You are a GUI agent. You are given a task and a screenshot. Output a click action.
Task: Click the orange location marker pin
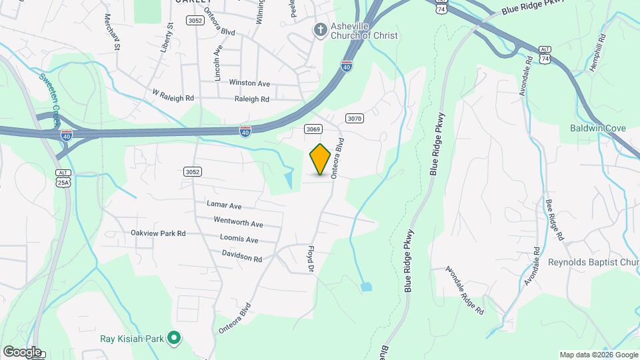point(321,159)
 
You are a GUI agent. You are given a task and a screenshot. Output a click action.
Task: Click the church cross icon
point(320,29)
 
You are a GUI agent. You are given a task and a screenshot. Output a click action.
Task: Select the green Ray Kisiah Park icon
point(174,338)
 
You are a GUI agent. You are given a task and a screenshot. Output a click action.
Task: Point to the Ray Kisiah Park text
point(131,338)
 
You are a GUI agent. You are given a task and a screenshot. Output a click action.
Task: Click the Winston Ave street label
point(249,83)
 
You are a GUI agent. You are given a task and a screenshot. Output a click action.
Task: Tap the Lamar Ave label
point(224,206)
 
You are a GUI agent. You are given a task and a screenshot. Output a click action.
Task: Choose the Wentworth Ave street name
point(238,222)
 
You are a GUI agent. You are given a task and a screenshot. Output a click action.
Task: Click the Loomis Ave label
point(239,239)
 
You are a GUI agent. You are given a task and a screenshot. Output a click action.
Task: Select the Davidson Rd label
point(242,255)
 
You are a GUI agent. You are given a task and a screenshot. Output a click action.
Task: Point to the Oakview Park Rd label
point(158,233)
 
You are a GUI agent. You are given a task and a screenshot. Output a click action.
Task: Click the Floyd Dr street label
point(310,260)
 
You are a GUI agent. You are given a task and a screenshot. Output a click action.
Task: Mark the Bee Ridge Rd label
point(555,219)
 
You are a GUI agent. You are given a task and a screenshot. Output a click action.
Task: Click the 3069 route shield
point(313,129)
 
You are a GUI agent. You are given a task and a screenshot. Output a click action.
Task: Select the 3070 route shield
point(355,119)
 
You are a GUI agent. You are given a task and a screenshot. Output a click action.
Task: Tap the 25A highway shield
point(62,181)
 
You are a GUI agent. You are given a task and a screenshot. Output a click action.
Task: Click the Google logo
point(22,351)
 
